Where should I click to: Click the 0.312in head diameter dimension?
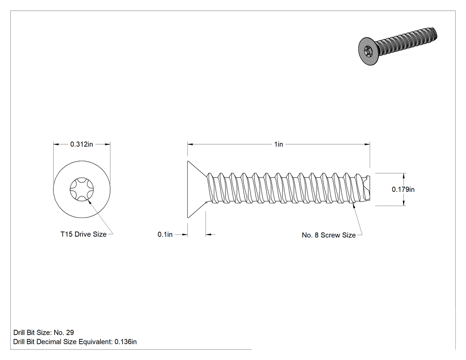pos(81,144)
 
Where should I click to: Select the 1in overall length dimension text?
pos(278,144)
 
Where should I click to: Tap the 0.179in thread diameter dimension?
pos(403,190)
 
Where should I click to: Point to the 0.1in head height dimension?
pos(165,234)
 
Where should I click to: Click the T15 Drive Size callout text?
pos(83,234)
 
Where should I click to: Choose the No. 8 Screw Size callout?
pos(329,235)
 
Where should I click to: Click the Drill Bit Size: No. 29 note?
pos(43,332)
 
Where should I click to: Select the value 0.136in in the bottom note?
pos(126,342)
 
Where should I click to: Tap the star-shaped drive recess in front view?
pos(82,189)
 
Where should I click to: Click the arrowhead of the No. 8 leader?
pos(353,206)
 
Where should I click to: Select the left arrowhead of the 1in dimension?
pos(190,144)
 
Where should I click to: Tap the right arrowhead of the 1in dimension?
pos(367,144)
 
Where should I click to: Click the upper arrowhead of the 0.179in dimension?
pos(404,176)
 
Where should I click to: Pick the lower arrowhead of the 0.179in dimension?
pos(404,203)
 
